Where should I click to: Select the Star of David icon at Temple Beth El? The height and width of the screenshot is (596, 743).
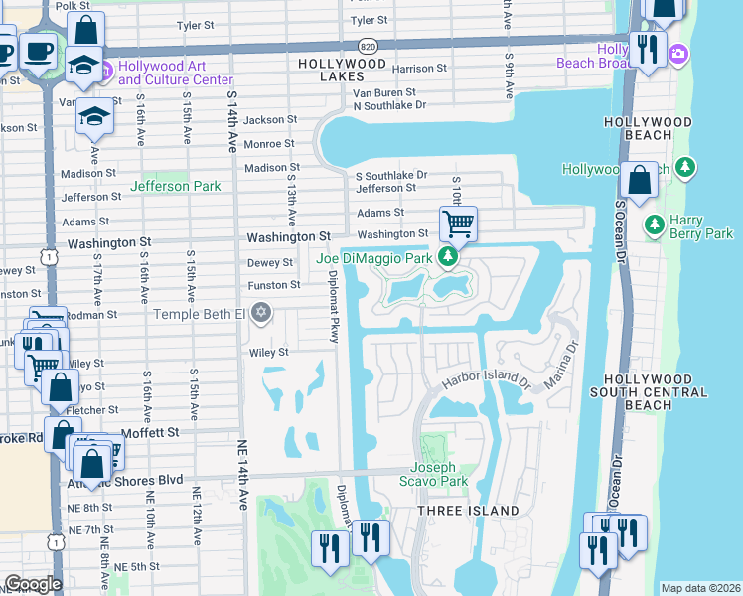click(x=261, y=314)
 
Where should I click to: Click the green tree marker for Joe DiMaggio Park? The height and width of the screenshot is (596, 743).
click(x=448, y=258)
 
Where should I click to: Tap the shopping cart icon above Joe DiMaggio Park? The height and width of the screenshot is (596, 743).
click(x=458, y=223)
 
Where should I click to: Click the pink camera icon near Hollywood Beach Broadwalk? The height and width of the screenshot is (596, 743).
click(x=679, y=53)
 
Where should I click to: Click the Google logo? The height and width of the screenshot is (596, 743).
click(x=33, y=584)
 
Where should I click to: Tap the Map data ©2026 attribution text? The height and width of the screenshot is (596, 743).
click(x=700, y=588)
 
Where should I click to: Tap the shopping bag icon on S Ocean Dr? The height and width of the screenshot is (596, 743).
click(x=640, y=180)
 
